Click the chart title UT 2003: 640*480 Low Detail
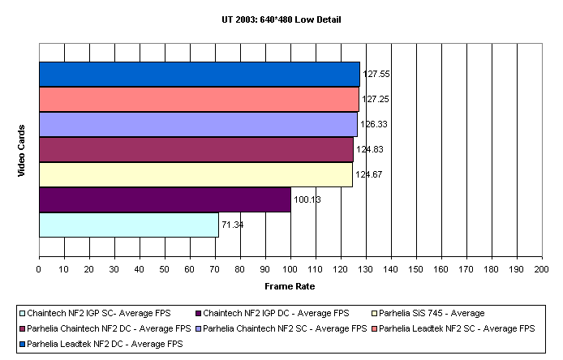pos(282,19)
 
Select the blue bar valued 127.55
pos(200,74)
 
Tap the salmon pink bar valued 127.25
pos(199,99)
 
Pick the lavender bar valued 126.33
pos(198,124)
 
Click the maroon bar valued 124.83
pos(196,149)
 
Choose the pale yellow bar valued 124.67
pos(196,174)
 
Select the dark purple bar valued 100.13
pos(165,199)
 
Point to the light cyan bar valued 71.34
pos(129,225)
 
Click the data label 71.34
pos(233,225)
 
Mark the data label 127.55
pos(376,74)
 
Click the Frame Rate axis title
pos(290,286)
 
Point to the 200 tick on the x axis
pos(542,268)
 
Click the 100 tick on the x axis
pos(290,268)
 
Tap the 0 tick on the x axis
pos(39,268)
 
